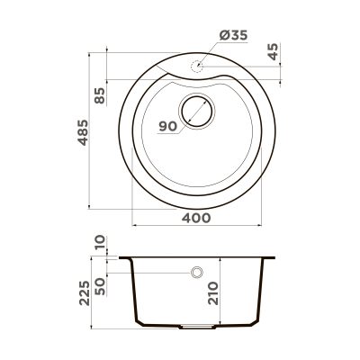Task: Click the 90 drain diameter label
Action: point(167,126)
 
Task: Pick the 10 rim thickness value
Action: point(100,242)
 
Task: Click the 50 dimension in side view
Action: point(100,287)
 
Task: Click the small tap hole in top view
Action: point(197,66)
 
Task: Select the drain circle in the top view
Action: point(197,112)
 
